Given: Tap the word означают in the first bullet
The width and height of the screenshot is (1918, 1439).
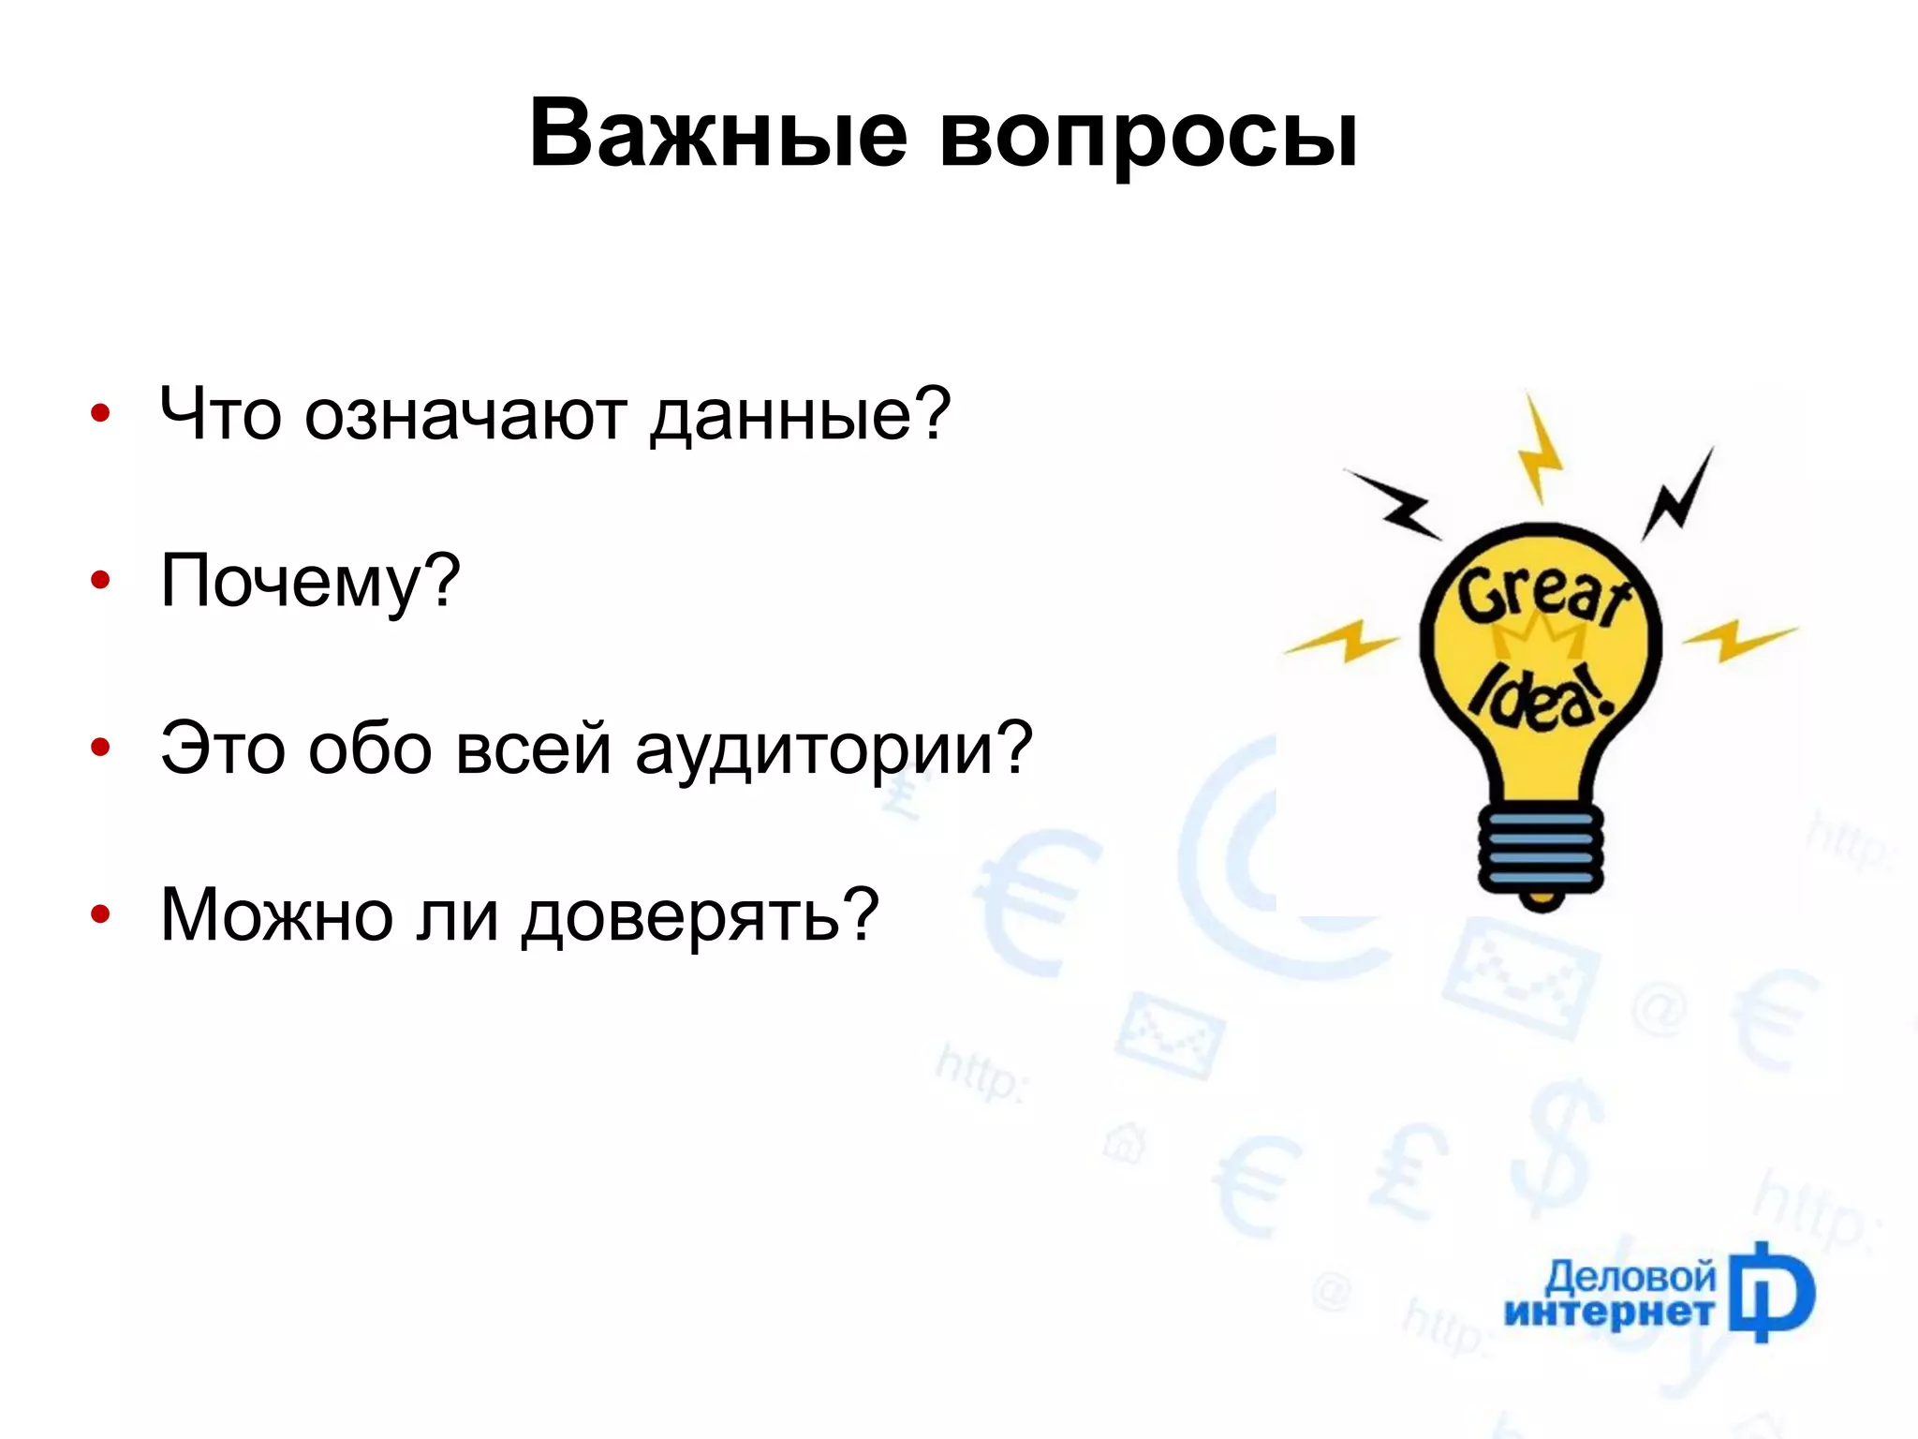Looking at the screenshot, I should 465,415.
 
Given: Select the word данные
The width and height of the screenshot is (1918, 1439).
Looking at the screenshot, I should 799,417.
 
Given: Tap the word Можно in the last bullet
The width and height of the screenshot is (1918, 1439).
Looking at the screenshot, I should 276,916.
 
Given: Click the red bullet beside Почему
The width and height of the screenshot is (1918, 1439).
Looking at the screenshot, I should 100,582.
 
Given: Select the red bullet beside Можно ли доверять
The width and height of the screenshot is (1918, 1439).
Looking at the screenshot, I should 100,914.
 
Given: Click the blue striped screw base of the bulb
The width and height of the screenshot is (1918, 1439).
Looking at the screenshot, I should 1540,849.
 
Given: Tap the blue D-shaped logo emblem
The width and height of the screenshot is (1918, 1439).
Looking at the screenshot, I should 1771,1293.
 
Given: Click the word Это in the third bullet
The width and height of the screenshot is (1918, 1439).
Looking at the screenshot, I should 221,749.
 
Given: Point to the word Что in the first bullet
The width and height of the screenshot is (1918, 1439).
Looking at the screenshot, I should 220,415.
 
